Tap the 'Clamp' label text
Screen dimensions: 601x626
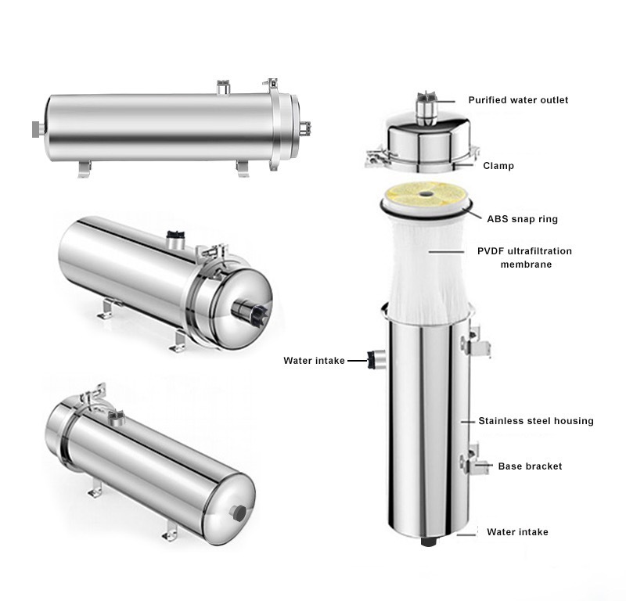coord(498,166)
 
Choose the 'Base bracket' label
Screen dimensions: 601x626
coord(530,466)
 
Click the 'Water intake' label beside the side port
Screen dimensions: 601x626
coord(314,361)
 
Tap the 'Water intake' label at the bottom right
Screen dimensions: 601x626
coord(517,532)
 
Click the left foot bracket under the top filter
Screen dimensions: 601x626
coord(84,167)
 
